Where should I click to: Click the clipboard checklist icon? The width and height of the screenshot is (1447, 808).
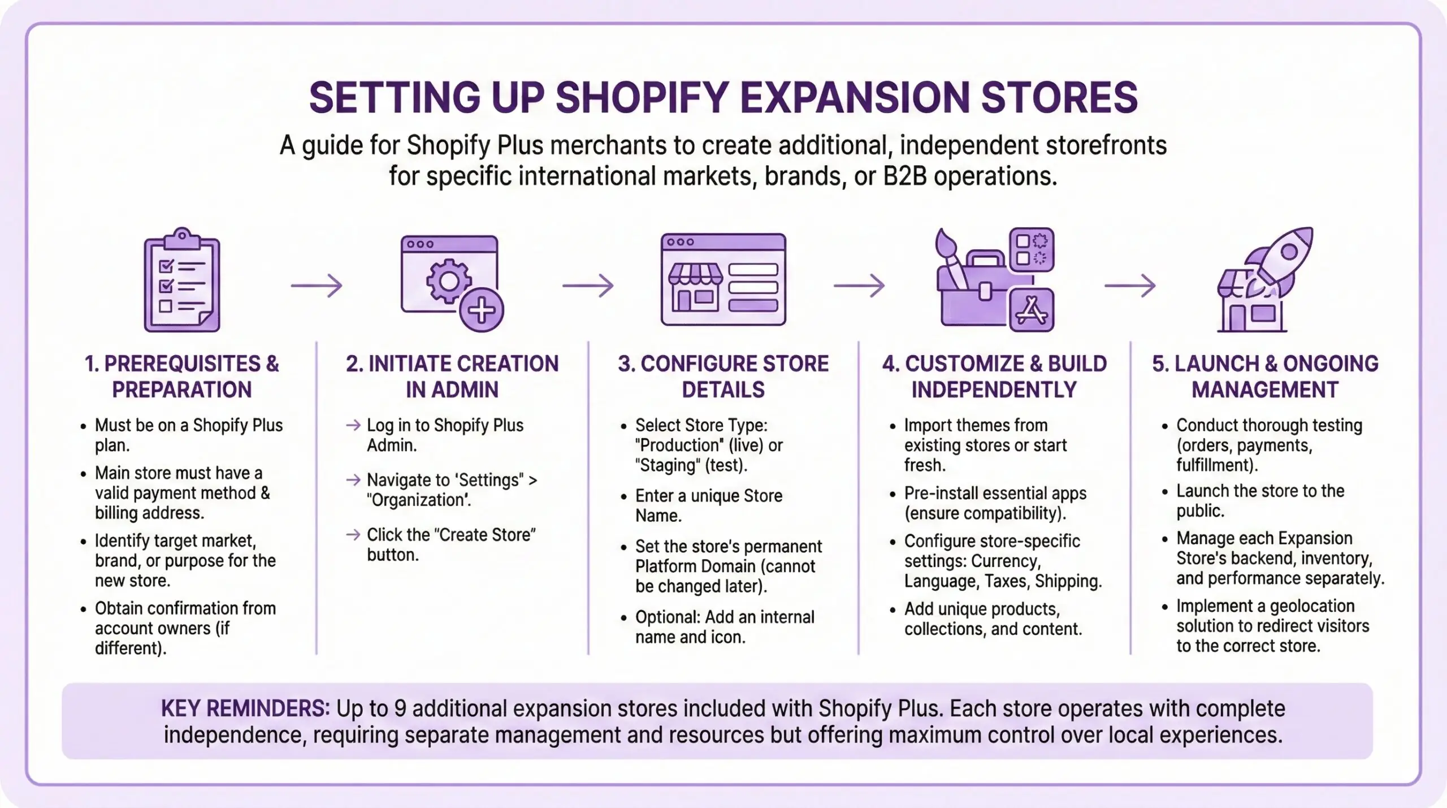181,280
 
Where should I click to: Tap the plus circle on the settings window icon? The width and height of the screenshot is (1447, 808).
481,310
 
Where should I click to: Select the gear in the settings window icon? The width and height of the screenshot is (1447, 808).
449,281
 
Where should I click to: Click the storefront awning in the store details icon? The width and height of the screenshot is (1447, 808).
695,275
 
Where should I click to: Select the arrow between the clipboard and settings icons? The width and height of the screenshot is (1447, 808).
317,286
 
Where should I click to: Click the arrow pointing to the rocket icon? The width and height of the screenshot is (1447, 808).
1130,286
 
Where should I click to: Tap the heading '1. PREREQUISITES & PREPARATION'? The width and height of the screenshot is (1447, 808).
181,376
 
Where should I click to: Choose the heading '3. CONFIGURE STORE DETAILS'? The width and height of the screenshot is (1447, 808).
723,376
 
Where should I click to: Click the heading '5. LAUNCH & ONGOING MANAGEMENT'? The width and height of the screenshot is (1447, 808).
1265,376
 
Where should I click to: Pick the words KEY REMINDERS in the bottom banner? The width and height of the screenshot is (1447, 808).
245,708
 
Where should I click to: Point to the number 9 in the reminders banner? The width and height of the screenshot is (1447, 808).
400,708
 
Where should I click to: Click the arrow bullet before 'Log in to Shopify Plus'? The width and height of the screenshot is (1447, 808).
353,425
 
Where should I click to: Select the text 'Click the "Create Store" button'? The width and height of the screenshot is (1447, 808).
450,544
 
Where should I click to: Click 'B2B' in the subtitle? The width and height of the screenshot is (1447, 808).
905,176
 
